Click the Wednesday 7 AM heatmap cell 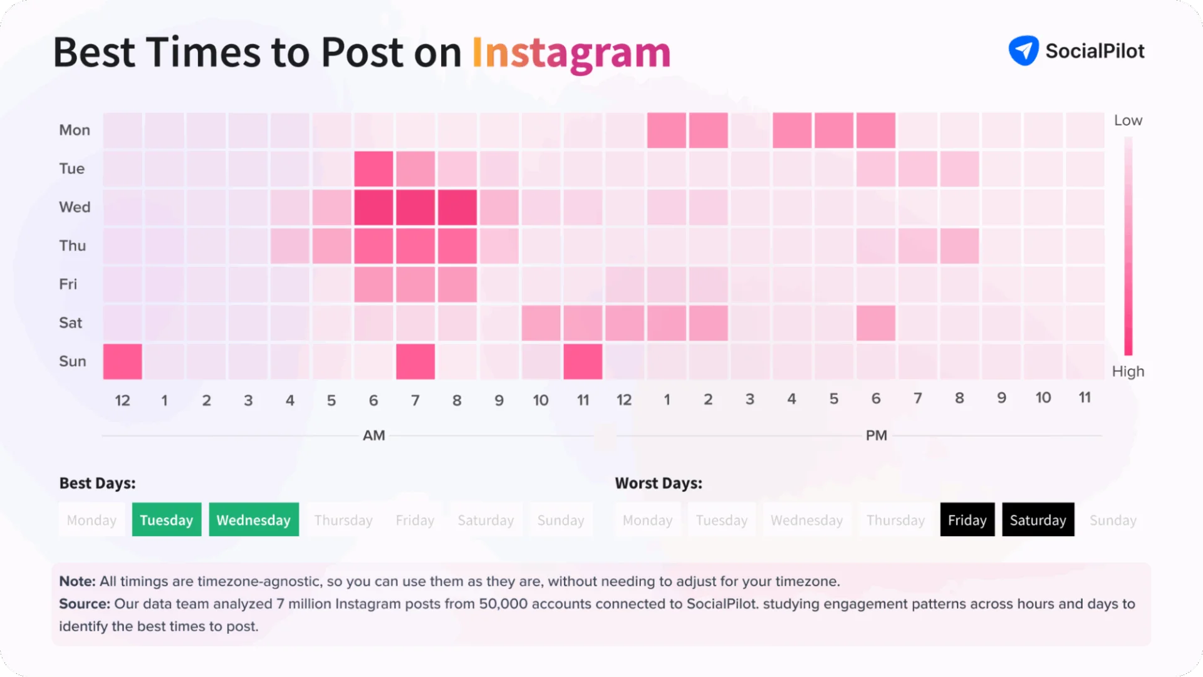click(415, 207)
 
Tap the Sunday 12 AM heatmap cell click(123, 361)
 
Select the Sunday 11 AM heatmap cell click(583, 361)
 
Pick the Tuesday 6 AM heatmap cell click(373, 168)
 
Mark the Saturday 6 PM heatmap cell click(876, 323)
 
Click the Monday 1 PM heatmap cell click(667, 130)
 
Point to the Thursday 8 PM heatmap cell click(959, 246)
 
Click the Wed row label click(75, 207)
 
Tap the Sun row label click(73, 361)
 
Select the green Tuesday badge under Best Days click(167, 520)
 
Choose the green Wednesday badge click(254, 520)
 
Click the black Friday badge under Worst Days click(967, 520)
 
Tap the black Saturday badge click(1038, 520)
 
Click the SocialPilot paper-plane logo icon click(1023, 51)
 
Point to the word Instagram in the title click(571, 53)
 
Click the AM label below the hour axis click(374, 436)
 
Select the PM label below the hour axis click(876, 436)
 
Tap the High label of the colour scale click(1128, 371)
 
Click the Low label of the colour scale click(1128, 121)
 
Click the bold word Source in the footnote click(84, 604)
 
